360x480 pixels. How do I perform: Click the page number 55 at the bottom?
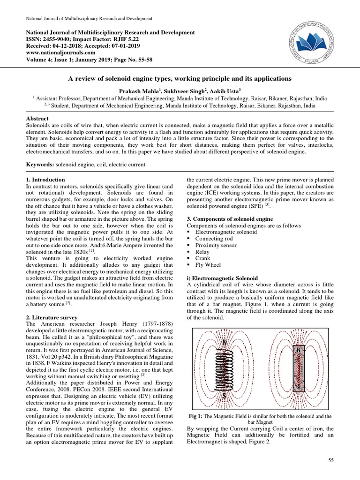tap(331, 462)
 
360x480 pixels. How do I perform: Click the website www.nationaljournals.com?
tap(53, 53)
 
